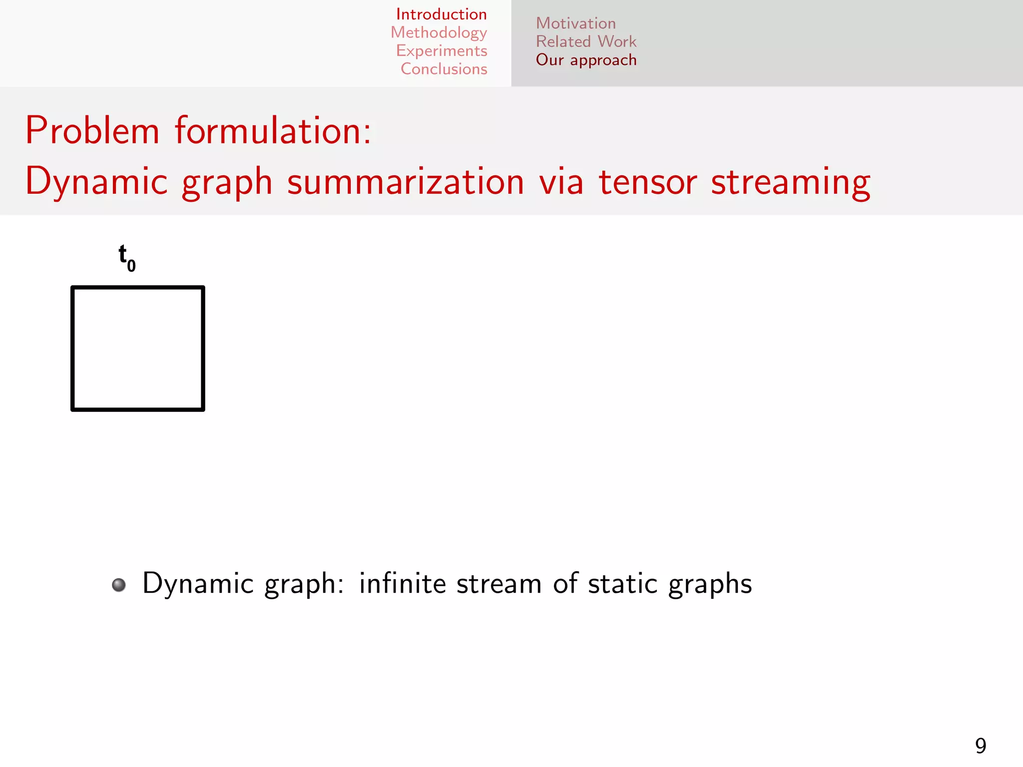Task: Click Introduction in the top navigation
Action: pyautogui.click(x=441, y=14)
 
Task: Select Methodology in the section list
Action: pyautogui.click(x=439, y=32)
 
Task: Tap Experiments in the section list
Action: pyautogui.click(x=442, y=51)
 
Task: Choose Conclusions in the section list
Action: pyautogui.click(x=444, y=69)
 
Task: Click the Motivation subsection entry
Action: pyautogui.click(x=575, y=23)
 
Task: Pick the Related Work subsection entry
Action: pyautogui.click(x=586, y=41)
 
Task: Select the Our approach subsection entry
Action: pyautogui.click(x=586, y=60)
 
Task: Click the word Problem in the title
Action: pyautogui.click(x=92, y=131)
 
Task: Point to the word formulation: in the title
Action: pyautogui.click(x=273, y=131)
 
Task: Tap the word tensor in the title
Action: pyautogui.click(x=648, y=182)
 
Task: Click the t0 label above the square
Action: pyautogui.click(x=126, y=257)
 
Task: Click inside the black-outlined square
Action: pyautogui.click(x=138, y=349)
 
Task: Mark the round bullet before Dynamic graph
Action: pyautogui.click(x=119, y=585)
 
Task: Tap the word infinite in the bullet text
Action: pyautogui.click(x=402, y=583)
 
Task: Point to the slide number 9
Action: pyautogui.click(x=981, y=746)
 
